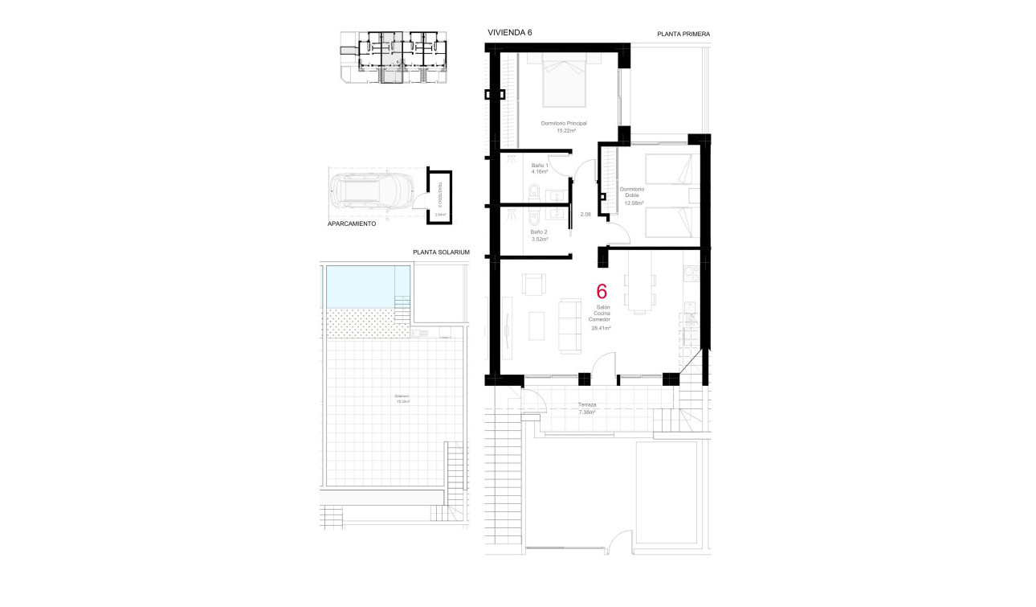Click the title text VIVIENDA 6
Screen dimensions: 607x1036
[509, 32]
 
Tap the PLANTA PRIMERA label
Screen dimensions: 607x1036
[683, 34]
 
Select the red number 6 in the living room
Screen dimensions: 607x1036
[601, 292]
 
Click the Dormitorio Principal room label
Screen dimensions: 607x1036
[564, 123]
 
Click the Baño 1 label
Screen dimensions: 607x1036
[539, 165]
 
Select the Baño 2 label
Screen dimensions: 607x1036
[539, 232]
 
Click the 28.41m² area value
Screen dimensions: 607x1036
[601, 328]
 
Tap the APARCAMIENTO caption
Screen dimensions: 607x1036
[352, 224]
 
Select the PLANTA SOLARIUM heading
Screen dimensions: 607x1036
[441, 252]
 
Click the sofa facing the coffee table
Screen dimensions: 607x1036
[570, 326]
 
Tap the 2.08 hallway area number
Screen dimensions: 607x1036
[585, 214]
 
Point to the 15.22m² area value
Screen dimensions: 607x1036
[566, 130]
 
